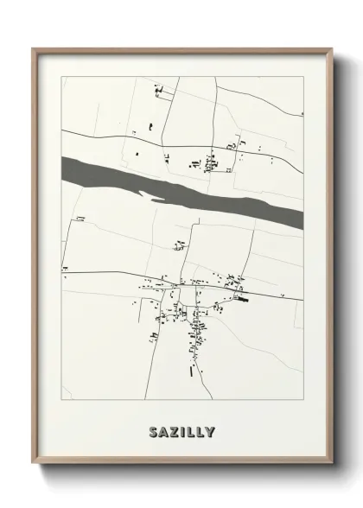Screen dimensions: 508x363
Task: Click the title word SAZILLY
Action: (181, 430)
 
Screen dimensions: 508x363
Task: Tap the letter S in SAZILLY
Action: (152, 430)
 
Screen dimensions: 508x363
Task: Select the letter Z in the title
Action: (173, 430)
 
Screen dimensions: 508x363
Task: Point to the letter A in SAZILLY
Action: (162, 430)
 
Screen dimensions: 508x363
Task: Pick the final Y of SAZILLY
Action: (211, 430)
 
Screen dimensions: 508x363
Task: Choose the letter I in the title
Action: (182, 430)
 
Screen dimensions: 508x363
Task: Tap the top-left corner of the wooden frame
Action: (34, 49)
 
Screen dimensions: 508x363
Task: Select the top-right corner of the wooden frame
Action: (329, 49)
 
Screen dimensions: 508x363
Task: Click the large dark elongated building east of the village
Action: (239, 299)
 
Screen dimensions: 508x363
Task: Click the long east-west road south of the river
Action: (104, 277)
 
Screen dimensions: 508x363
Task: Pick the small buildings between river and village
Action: (180, 245)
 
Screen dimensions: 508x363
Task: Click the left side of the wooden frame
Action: (34, 259)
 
